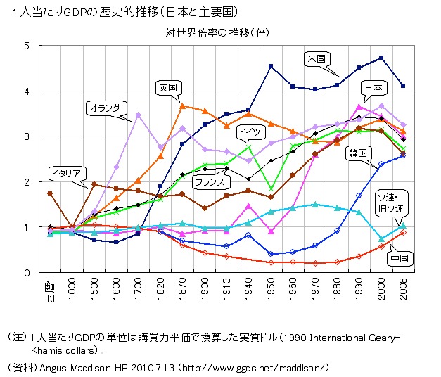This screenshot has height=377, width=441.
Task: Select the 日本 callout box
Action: coord(373,88)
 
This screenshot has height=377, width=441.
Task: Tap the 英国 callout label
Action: coord(168,87)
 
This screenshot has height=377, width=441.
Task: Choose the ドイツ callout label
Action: coord(250,132)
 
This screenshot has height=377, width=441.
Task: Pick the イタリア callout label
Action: coord(68,172)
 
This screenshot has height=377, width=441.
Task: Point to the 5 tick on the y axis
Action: coord(27,46)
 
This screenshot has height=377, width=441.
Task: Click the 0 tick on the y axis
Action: coord(27,273)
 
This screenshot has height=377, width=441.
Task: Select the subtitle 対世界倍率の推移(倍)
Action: coord(217,32)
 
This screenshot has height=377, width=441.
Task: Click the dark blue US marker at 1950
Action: coord(271,66)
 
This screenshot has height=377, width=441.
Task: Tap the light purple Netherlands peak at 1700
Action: coord(139,115)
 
